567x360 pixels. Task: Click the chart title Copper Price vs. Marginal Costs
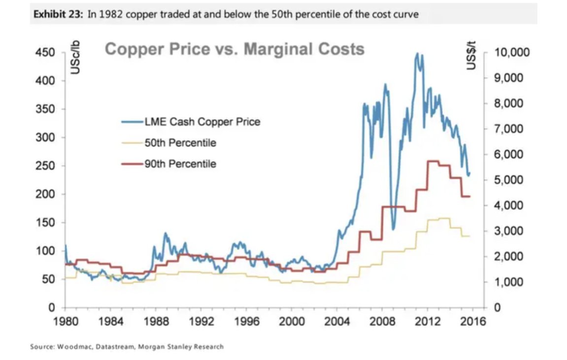[x=234, y=49]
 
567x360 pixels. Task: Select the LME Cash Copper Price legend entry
[x=202, y=122]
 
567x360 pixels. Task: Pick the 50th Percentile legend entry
[x=180, y=143]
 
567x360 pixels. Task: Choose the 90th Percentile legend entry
[x=180, y=164]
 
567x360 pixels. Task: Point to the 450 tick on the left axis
[x=44, y=53]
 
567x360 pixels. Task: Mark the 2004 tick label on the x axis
[x=337, y=322]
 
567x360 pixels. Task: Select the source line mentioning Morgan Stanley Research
[x=127, y=347]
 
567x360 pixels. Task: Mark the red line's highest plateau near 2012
[x=433, y=161]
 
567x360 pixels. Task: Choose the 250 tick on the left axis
[x=44, y=166]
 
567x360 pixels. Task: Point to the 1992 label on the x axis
[x=201, y=322]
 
